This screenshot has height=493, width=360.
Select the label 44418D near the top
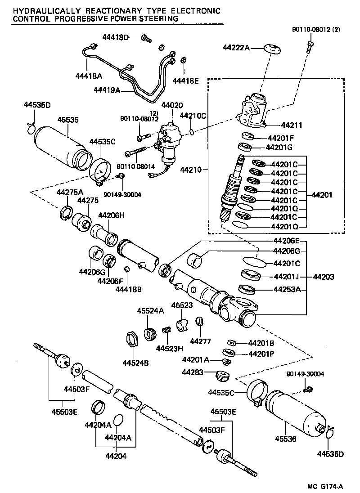pyautogui.click(x=114, y=37)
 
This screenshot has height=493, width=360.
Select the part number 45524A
pyautogui.click(x=150, y=311)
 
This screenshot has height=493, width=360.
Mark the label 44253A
pyautogui.click(x=287, y=289)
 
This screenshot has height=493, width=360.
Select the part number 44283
pyautogui.click(x=193, y=372)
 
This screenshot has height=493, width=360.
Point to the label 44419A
pyautogui.click(x=107, y=90)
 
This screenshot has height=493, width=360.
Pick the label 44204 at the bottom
pyautogui.click(x=116, y=456)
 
